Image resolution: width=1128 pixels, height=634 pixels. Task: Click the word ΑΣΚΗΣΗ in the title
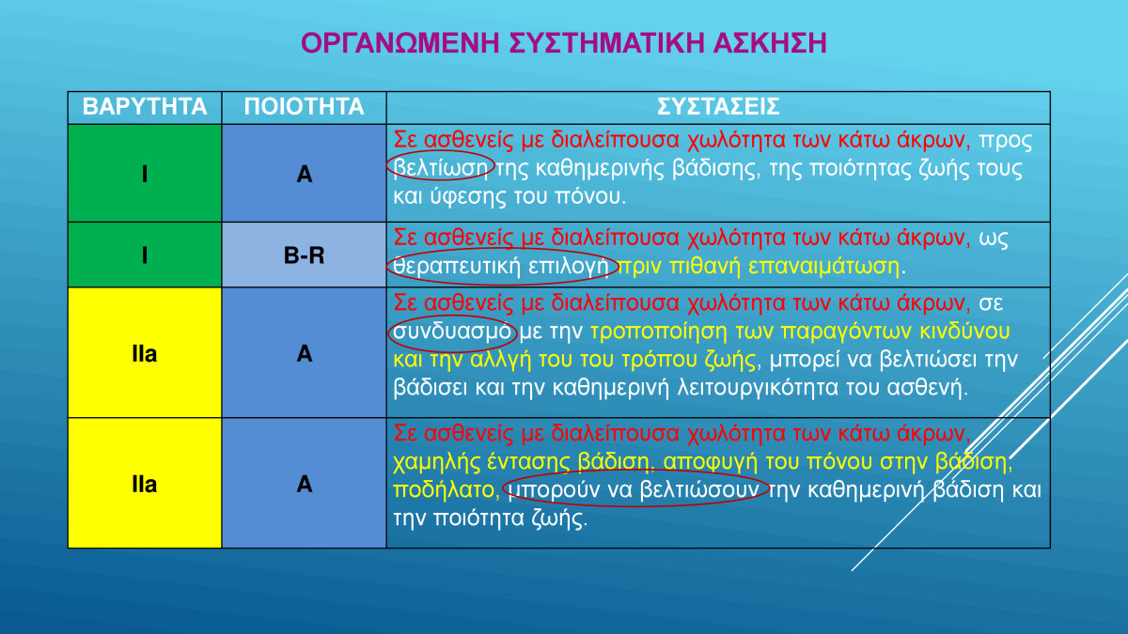point(770,43)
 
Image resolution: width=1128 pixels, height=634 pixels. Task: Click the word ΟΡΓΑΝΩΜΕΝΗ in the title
point(400,43)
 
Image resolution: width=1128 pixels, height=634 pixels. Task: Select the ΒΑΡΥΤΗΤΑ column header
point(145,107)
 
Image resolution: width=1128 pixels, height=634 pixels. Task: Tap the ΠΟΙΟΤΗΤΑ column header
point(305,107)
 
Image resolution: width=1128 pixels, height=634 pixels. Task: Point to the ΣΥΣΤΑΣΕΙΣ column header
point(718,107)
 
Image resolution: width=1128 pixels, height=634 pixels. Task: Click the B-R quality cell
point(305,255)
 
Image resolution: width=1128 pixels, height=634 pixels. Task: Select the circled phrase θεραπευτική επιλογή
point(501,266)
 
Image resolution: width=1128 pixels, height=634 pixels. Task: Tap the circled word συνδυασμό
point(452,332)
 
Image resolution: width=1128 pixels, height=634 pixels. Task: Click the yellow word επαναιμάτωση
point(823,266)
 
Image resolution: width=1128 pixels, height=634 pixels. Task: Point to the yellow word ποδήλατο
point(444,490)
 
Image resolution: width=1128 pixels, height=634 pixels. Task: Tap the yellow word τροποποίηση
point(659,332)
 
